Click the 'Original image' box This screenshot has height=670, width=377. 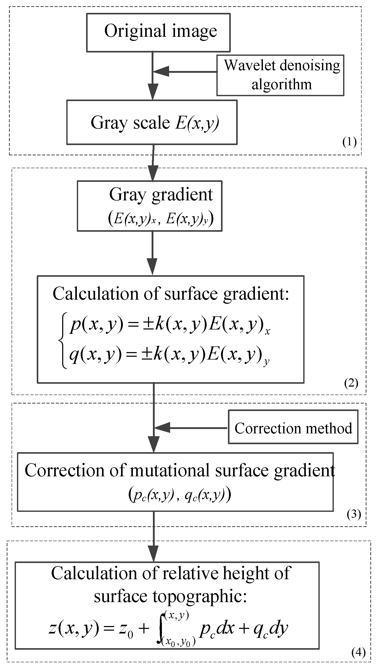click(x=158, y=32)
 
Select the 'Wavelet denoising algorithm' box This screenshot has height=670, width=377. click(x=280, y=75)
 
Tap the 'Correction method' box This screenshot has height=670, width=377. click(x=293, y=428)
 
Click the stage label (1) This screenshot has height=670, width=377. click(x=349, y=142)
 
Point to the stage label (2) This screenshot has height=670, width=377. click(x=351, y=383)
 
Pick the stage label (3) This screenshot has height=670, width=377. click(x=354, y=514)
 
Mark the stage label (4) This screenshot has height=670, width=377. click(x=358, y=652)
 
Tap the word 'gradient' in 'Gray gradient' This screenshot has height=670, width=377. click(x=182, y=195)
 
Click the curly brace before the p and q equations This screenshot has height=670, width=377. click(x=63, y=340)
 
